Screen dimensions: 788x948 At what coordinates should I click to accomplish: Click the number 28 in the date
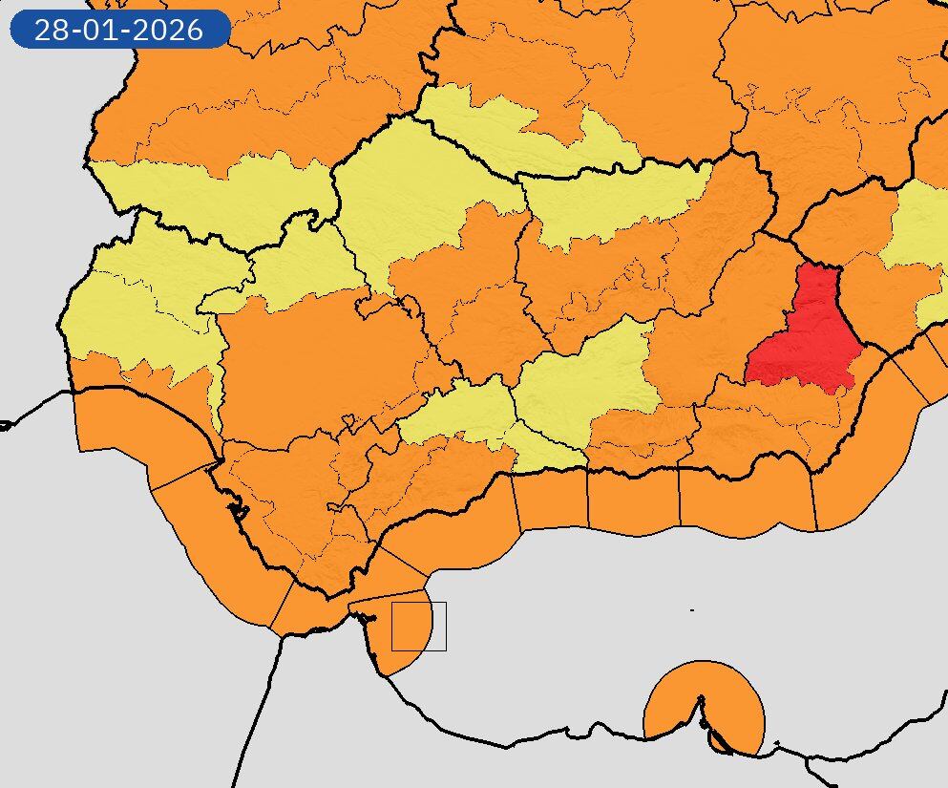click(x=52, y=30)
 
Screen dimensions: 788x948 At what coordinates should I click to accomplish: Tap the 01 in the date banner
click(x=100, y=30)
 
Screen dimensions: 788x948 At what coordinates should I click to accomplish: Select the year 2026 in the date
click(x=168, y=30)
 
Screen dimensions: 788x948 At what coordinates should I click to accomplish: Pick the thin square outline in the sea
click(x=419, y=627)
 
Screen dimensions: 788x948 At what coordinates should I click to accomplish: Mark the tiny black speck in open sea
click(x=692, y=610)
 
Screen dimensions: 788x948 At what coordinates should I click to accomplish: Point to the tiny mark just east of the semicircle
click(x=778, y=742)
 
